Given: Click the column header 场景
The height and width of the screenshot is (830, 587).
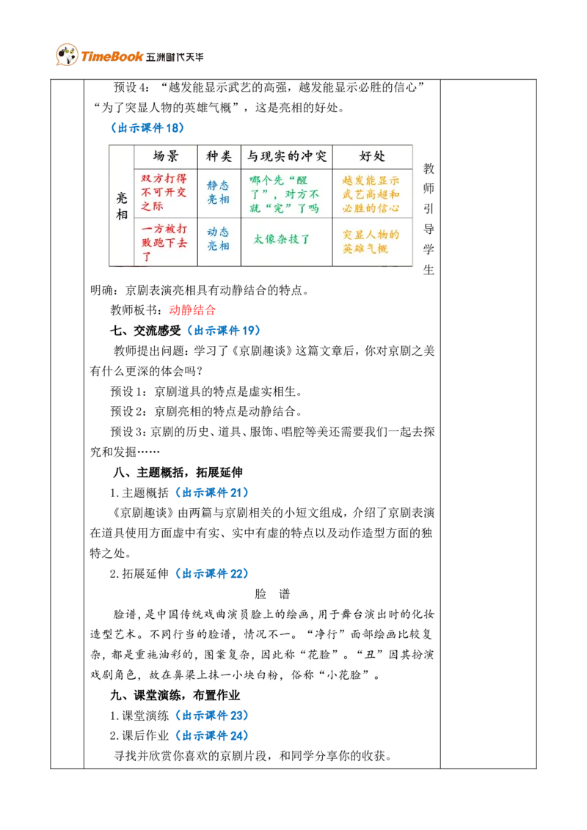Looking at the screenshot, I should point(165,156).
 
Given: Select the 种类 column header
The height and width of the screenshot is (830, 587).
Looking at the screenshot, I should point(219,156).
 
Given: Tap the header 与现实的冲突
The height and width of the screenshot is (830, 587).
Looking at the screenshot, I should point(286,156).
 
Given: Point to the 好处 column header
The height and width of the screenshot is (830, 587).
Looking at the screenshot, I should point(372,156).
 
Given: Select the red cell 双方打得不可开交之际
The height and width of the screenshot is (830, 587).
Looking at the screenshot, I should point(164,192).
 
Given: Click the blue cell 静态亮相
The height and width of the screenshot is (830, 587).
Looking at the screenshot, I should point(218,192).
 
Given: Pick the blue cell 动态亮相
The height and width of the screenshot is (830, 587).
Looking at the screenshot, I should point(218,240).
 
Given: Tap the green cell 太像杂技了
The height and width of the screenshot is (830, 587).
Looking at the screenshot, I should point(282,239).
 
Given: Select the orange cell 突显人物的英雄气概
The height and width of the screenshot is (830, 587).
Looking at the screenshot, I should point(371,241).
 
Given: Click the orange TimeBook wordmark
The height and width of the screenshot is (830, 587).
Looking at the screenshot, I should point(112,56).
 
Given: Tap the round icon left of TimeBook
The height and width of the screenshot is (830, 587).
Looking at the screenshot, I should point(66,55).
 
